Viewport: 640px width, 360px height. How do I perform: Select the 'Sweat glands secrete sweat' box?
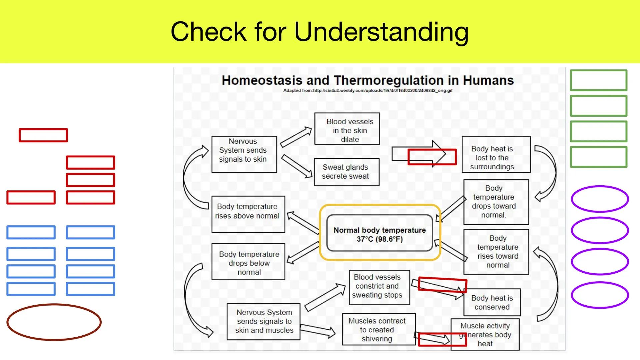[x=346, y=172]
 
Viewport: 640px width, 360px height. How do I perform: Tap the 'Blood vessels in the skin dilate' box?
[x=347, y=129]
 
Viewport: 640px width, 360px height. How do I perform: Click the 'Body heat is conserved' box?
[x=492, y=302]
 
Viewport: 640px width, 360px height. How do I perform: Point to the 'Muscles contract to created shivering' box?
[x=379, y=329]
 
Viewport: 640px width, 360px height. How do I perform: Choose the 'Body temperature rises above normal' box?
[x=248, y=214]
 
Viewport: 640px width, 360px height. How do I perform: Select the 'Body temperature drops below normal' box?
[x=248, y=262]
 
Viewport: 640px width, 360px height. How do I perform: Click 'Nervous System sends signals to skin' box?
[x=244, y=154]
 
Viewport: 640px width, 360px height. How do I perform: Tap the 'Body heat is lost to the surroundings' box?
[x=496, y=154]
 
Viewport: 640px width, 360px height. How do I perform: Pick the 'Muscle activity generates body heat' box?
[x=485, y=334]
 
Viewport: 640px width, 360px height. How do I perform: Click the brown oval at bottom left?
[x=54, y=322]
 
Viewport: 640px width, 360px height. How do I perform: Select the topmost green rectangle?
[x=598, y=80]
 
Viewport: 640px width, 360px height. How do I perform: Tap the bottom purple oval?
[x=600, y=295]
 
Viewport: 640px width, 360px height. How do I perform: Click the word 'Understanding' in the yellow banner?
[x=381, y=32]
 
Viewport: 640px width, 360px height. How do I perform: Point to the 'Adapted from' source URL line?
[x=368, y=90]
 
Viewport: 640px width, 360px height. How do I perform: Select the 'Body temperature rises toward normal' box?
[x=496, y=252]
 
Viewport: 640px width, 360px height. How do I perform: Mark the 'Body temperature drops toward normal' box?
[x=496, y=202]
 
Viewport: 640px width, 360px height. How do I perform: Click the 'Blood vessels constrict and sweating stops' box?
[x=379, y=287]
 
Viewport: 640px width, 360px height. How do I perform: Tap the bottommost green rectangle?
[x=598, y=157]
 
